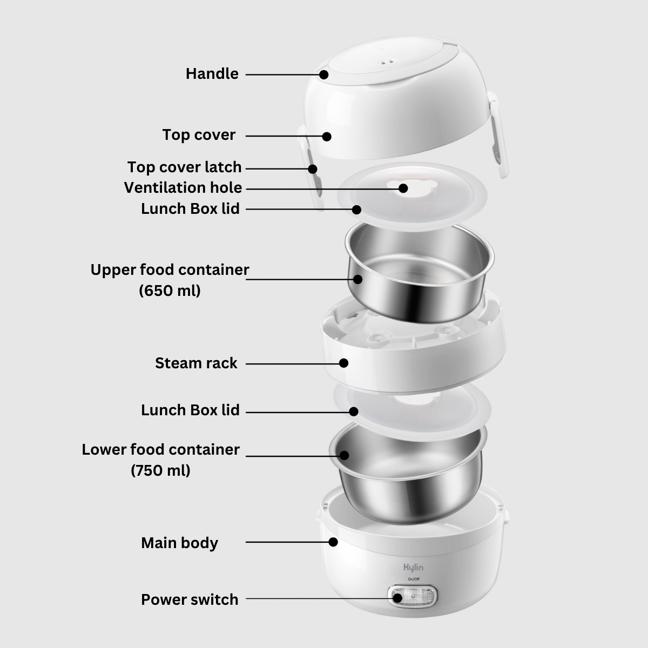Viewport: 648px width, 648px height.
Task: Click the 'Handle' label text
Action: click(212, 73)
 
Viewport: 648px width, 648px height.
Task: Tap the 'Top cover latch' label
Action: click(184, 167)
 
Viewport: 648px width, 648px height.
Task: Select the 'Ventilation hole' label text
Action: click(183, 187)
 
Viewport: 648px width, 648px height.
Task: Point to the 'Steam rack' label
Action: click(196, 363)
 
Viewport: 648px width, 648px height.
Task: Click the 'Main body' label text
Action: click(180, 543)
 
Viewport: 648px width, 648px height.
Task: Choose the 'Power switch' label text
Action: click(190, 599)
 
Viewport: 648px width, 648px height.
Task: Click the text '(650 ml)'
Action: click(170, 290)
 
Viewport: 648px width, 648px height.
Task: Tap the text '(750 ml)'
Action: click(160, 470)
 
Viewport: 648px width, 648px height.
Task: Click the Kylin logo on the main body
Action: click(413, 568)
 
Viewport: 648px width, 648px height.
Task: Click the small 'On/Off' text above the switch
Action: click(413, 579)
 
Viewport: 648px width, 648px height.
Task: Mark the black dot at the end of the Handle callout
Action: click(324, 75)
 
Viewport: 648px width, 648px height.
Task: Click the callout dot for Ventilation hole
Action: click(403, 188)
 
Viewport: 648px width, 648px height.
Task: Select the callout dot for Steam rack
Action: click(343, 363)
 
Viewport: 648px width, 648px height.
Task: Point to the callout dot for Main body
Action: click(333, 542)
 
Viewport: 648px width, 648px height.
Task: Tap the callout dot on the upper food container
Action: click(358, 279)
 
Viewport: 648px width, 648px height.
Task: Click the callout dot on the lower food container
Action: click(344, 455)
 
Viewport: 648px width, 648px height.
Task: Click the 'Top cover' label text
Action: click(199, 135)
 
